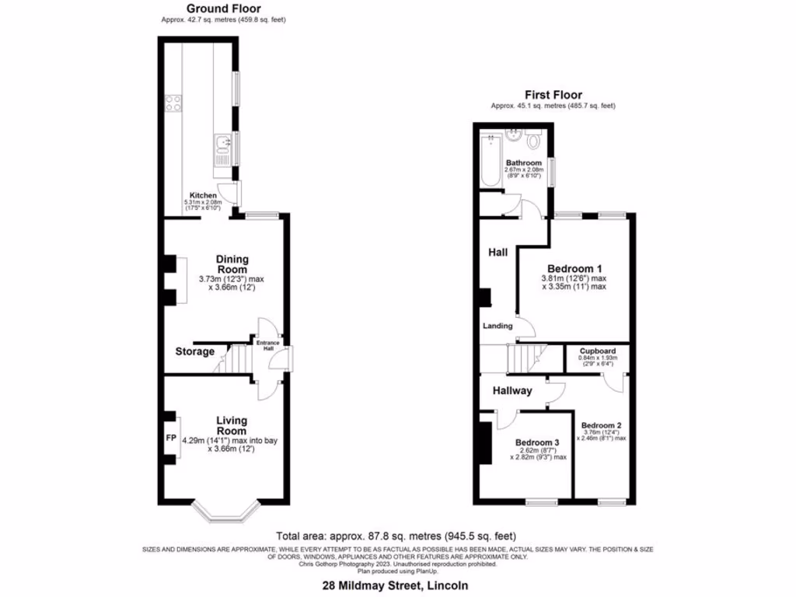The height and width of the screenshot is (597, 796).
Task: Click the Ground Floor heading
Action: [223, 9]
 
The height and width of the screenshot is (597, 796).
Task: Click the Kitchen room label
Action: [204, 195]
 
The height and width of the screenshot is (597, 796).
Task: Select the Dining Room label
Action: [232, 264]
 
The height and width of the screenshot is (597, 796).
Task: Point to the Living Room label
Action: [231, 425]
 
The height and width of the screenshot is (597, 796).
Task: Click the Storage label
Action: [194, 351]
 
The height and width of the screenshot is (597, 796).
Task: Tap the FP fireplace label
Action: [171, 438]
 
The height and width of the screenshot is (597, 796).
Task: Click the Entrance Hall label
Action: [267, 344]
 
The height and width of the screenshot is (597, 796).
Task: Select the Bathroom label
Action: [523, 162]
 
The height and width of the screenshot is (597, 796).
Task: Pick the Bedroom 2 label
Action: [601, 425]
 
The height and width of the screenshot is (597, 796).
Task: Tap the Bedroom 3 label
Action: [537, 444]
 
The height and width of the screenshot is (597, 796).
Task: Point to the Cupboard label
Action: [598, 351]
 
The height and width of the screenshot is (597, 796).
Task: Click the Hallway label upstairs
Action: [511, 391]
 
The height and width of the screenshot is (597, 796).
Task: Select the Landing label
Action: [497, 326]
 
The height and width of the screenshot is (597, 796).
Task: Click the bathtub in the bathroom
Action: [491, 161]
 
